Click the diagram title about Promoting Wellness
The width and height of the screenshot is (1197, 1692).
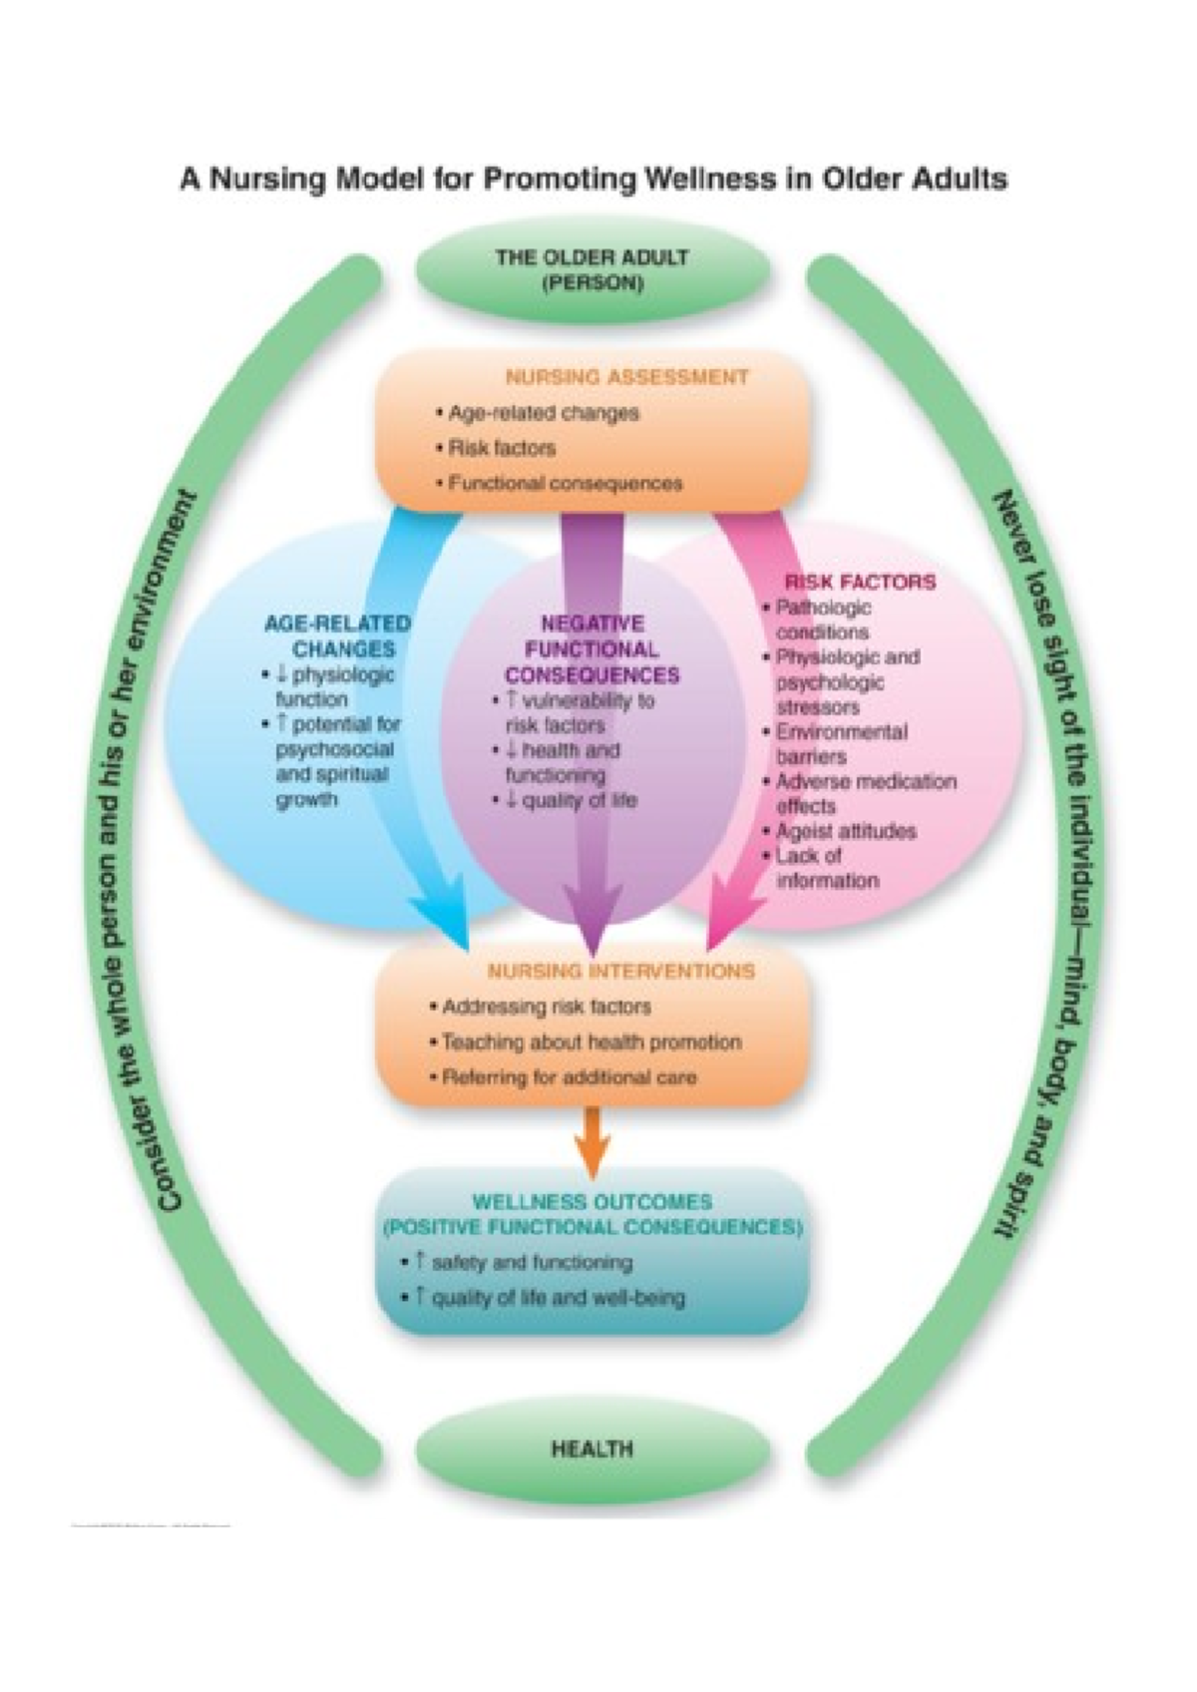point(593,180)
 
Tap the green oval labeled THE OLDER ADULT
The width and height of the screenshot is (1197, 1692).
point(593,269)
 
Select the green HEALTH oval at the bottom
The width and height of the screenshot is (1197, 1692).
point(593,1448)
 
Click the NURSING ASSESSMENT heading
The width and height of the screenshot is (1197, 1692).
point(626,377)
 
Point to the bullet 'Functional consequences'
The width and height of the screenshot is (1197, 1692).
point(565,484)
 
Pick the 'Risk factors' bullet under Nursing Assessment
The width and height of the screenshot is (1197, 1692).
point(502,448)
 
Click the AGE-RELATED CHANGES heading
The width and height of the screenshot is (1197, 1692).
point(337,635)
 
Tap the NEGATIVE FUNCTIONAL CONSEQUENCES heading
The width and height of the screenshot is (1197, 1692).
point(592,648)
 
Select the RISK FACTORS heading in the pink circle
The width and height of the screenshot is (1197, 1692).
point(860,582)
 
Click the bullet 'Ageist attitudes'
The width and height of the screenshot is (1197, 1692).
point(846,831)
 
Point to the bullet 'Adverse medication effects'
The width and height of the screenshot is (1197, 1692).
point(866,793)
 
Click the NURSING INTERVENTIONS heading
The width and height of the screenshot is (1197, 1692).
point(620,971)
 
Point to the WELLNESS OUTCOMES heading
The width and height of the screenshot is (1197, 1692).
point(593,1214)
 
